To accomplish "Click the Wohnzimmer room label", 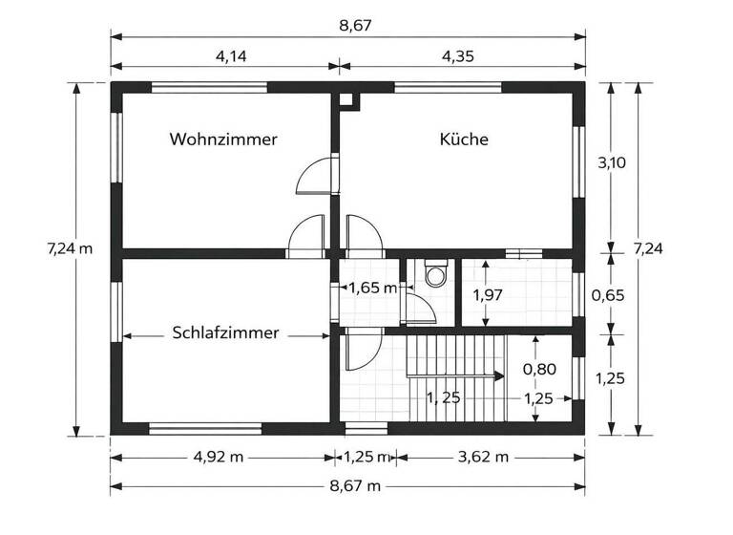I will click(223, 139).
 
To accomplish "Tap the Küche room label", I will click(464, 139).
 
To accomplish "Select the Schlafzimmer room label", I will click(225, 333).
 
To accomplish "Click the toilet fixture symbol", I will click(436, 274).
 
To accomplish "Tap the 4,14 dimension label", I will click(231, 55).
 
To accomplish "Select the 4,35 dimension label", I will click(459, 55).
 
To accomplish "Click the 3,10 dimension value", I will click(611, 162).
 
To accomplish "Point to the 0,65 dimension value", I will click(608, 295).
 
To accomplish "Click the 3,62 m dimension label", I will click(482, 457).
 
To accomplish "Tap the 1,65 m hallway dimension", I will click(372, 287).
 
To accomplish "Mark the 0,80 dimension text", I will click(539, 368).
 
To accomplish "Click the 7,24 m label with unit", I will click(70, 248).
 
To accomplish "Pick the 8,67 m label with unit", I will click(356, 486).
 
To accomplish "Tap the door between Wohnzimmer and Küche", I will click(314, 176).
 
